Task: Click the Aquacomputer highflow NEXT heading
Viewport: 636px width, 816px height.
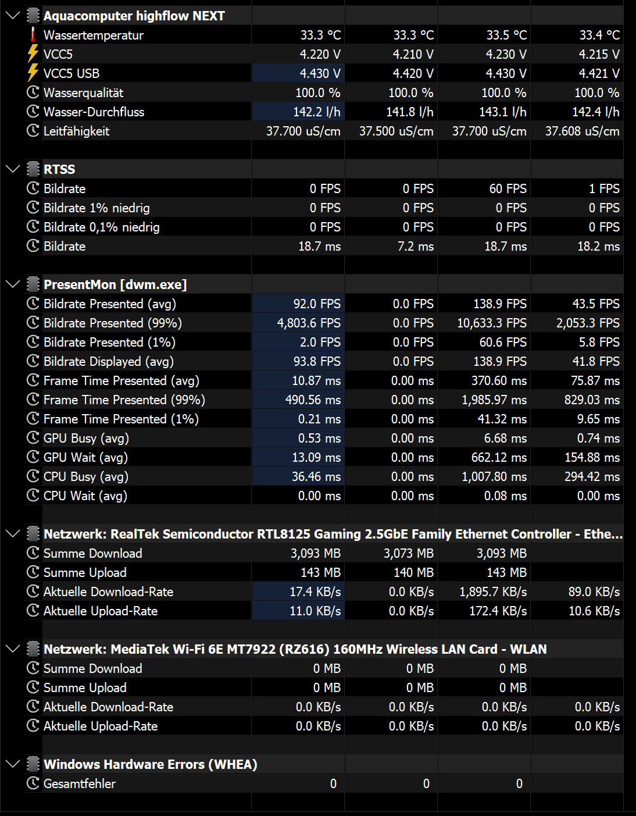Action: pyautogui.click(x=134, y=16)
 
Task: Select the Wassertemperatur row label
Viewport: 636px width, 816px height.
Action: pyautogui.click(x=93, y=35)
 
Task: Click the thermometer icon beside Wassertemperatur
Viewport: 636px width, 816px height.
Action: pyautogui.click(x=33, y=35)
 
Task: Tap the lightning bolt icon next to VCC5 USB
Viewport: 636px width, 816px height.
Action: pyautogui.click(x=33, y=73)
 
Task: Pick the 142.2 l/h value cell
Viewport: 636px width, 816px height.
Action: pyautogui.click(x=316, y=112)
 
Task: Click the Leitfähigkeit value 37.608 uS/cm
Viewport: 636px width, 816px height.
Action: pyautogui.click(x=582, y=131)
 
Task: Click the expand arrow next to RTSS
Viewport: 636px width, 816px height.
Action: pyautogui.click(x=12, y=169)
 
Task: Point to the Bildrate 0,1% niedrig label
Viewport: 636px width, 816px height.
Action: pyautogui.click(x=101, y=227)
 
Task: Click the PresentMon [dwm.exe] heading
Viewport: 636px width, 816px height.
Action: pyautogui.click(x=115, y=284)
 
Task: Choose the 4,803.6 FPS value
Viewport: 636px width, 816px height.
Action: pyautogui.click(x=309, y=323)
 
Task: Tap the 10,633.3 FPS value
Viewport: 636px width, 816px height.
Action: pyautogui.click(x=491, y=323)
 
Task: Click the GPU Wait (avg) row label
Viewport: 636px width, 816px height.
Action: pyautogui.click(x=85, y=457)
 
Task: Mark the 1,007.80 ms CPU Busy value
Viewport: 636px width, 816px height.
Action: pyautogui.click(x=494, y=476)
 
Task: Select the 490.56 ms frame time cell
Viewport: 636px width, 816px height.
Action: pyautogui.click(x=313, y=400)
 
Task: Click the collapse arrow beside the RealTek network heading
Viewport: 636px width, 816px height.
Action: pyautogui.click(x=12, y=534)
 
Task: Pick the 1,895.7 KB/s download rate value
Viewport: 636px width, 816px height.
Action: pyautogui.click(x=493, y=591)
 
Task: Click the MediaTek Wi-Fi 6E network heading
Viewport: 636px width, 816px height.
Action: pyautogui.click(x=295, y=649)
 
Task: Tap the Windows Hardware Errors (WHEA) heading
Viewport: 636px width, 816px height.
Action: pyautogui.click(x=150, y=764)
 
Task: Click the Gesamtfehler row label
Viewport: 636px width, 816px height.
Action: pyautogui.click(x=79, y=783)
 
